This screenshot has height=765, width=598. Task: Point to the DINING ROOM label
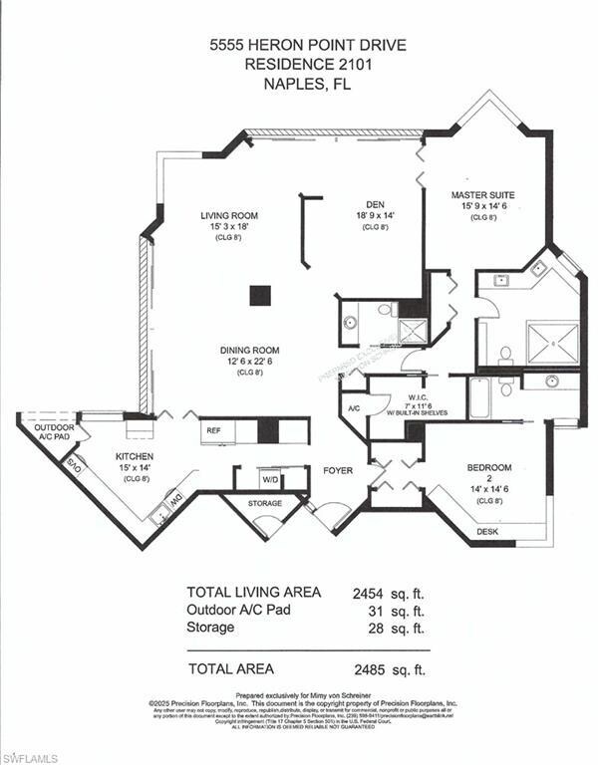[x=249, y=351]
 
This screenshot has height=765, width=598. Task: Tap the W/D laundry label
[x=270, y=479]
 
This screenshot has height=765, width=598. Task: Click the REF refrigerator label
[x=212, y=431]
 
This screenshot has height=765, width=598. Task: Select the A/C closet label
[x=353, y=409]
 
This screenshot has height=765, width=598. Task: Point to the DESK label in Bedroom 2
[x=487, y=532]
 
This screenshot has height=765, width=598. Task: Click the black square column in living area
[x=260, y=295]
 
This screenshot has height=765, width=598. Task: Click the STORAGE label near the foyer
[x=265, y=503]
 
